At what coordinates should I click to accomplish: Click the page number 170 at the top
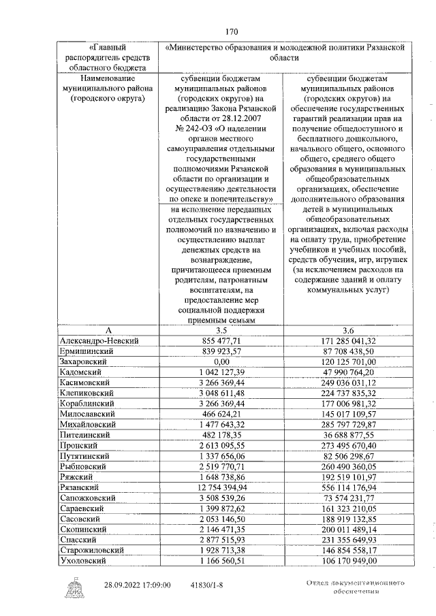231,32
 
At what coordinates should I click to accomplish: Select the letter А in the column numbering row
108,329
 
